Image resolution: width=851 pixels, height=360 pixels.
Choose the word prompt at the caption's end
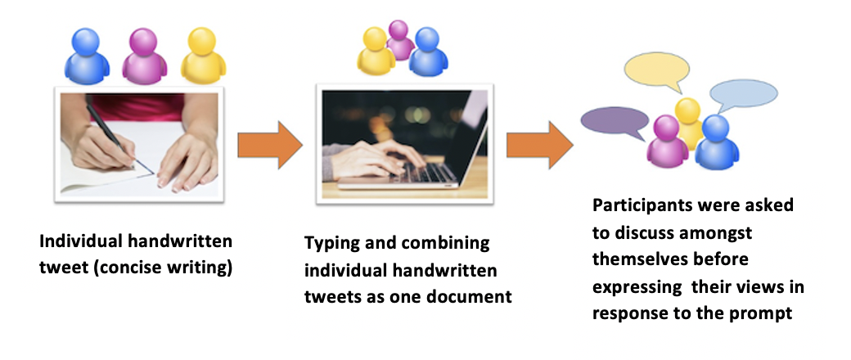765,313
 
